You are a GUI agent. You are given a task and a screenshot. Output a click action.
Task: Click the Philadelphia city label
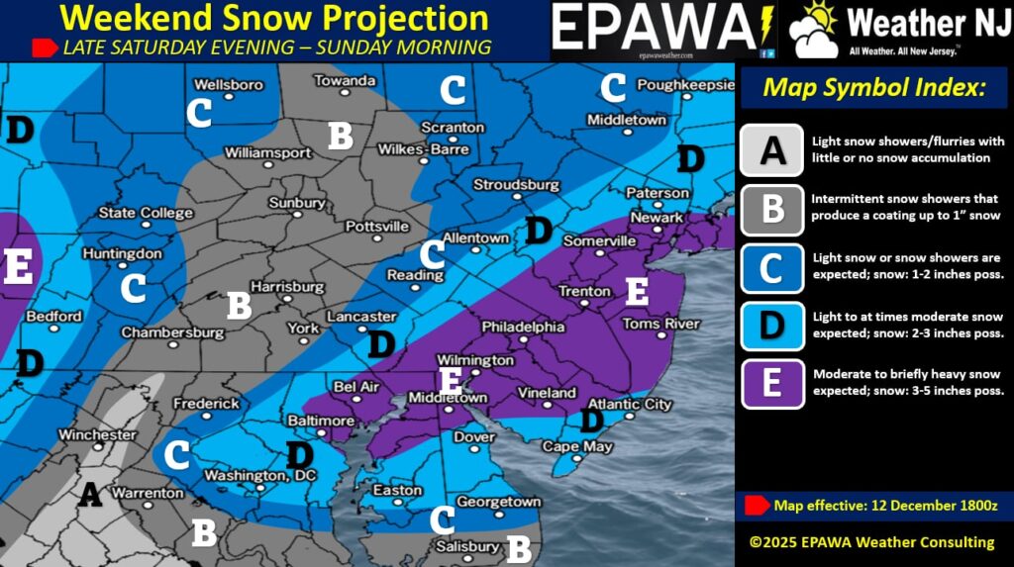(x=523, y=327)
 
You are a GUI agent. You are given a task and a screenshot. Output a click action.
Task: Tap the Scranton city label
(x=453, y=128)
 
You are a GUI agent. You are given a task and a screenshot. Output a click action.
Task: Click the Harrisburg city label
(x=287, y=287)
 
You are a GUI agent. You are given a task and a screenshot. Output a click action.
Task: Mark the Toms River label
(x=660, y=324)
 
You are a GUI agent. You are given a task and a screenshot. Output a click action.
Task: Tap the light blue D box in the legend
(x=771, y=326)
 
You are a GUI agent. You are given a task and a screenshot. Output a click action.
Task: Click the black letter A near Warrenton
(x=90, y=492)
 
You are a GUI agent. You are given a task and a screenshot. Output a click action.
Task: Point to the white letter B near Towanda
(x=341, y=136)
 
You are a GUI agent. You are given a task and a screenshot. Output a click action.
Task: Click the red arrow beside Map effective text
(x=757, y=505)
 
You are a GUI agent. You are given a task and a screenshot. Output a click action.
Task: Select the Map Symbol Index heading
(x=874, y=87)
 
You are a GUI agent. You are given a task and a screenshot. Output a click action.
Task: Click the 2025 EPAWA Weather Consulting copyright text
(x=871, y=541)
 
